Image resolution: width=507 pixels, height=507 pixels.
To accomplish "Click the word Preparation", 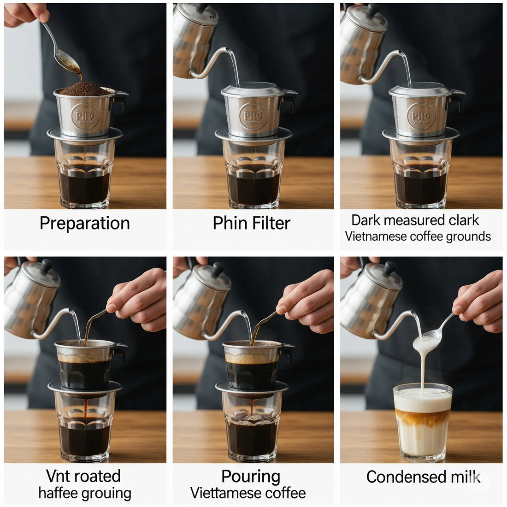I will coord(84,223).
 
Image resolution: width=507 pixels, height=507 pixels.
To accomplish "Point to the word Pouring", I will coord(250,477).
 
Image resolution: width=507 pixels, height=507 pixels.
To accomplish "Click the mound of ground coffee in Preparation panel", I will coord(84,89).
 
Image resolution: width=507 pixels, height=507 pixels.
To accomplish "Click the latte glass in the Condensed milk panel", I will coord(422,422).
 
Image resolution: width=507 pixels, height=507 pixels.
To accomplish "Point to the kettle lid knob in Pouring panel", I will coord(218,268).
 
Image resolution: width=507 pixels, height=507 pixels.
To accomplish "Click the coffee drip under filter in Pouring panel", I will coord(252,406).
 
